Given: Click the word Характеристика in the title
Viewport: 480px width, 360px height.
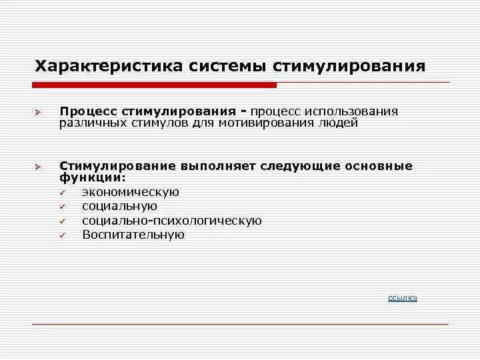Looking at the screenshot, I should pos(107,67).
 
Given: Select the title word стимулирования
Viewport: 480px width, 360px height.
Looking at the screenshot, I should pos(348,67).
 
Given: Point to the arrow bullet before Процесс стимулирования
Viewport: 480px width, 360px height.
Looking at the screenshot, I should pos(39,112).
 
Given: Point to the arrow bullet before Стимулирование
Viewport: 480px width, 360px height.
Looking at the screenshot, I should pos(39,167).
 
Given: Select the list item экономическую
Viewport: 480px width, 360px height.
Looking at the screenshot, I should pos(131,192).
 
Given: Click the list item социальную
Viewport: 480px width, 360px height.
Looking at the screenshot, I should pos(120,206).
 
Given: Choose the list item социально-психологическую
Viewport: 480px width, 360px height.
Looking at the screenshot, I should pos(172,221).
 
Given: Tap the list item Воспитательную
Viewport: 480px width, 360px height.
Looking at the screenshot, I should pos(133,235).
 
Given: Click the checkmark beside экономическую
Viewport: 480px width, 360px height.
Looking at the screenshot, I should pos(61,193).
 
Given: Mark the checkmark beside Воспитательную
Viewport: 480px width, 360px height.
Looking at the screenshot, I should pos(61,235).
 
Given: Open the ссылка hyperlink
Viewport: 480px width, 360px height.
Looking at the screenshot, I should pos(403,298).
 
